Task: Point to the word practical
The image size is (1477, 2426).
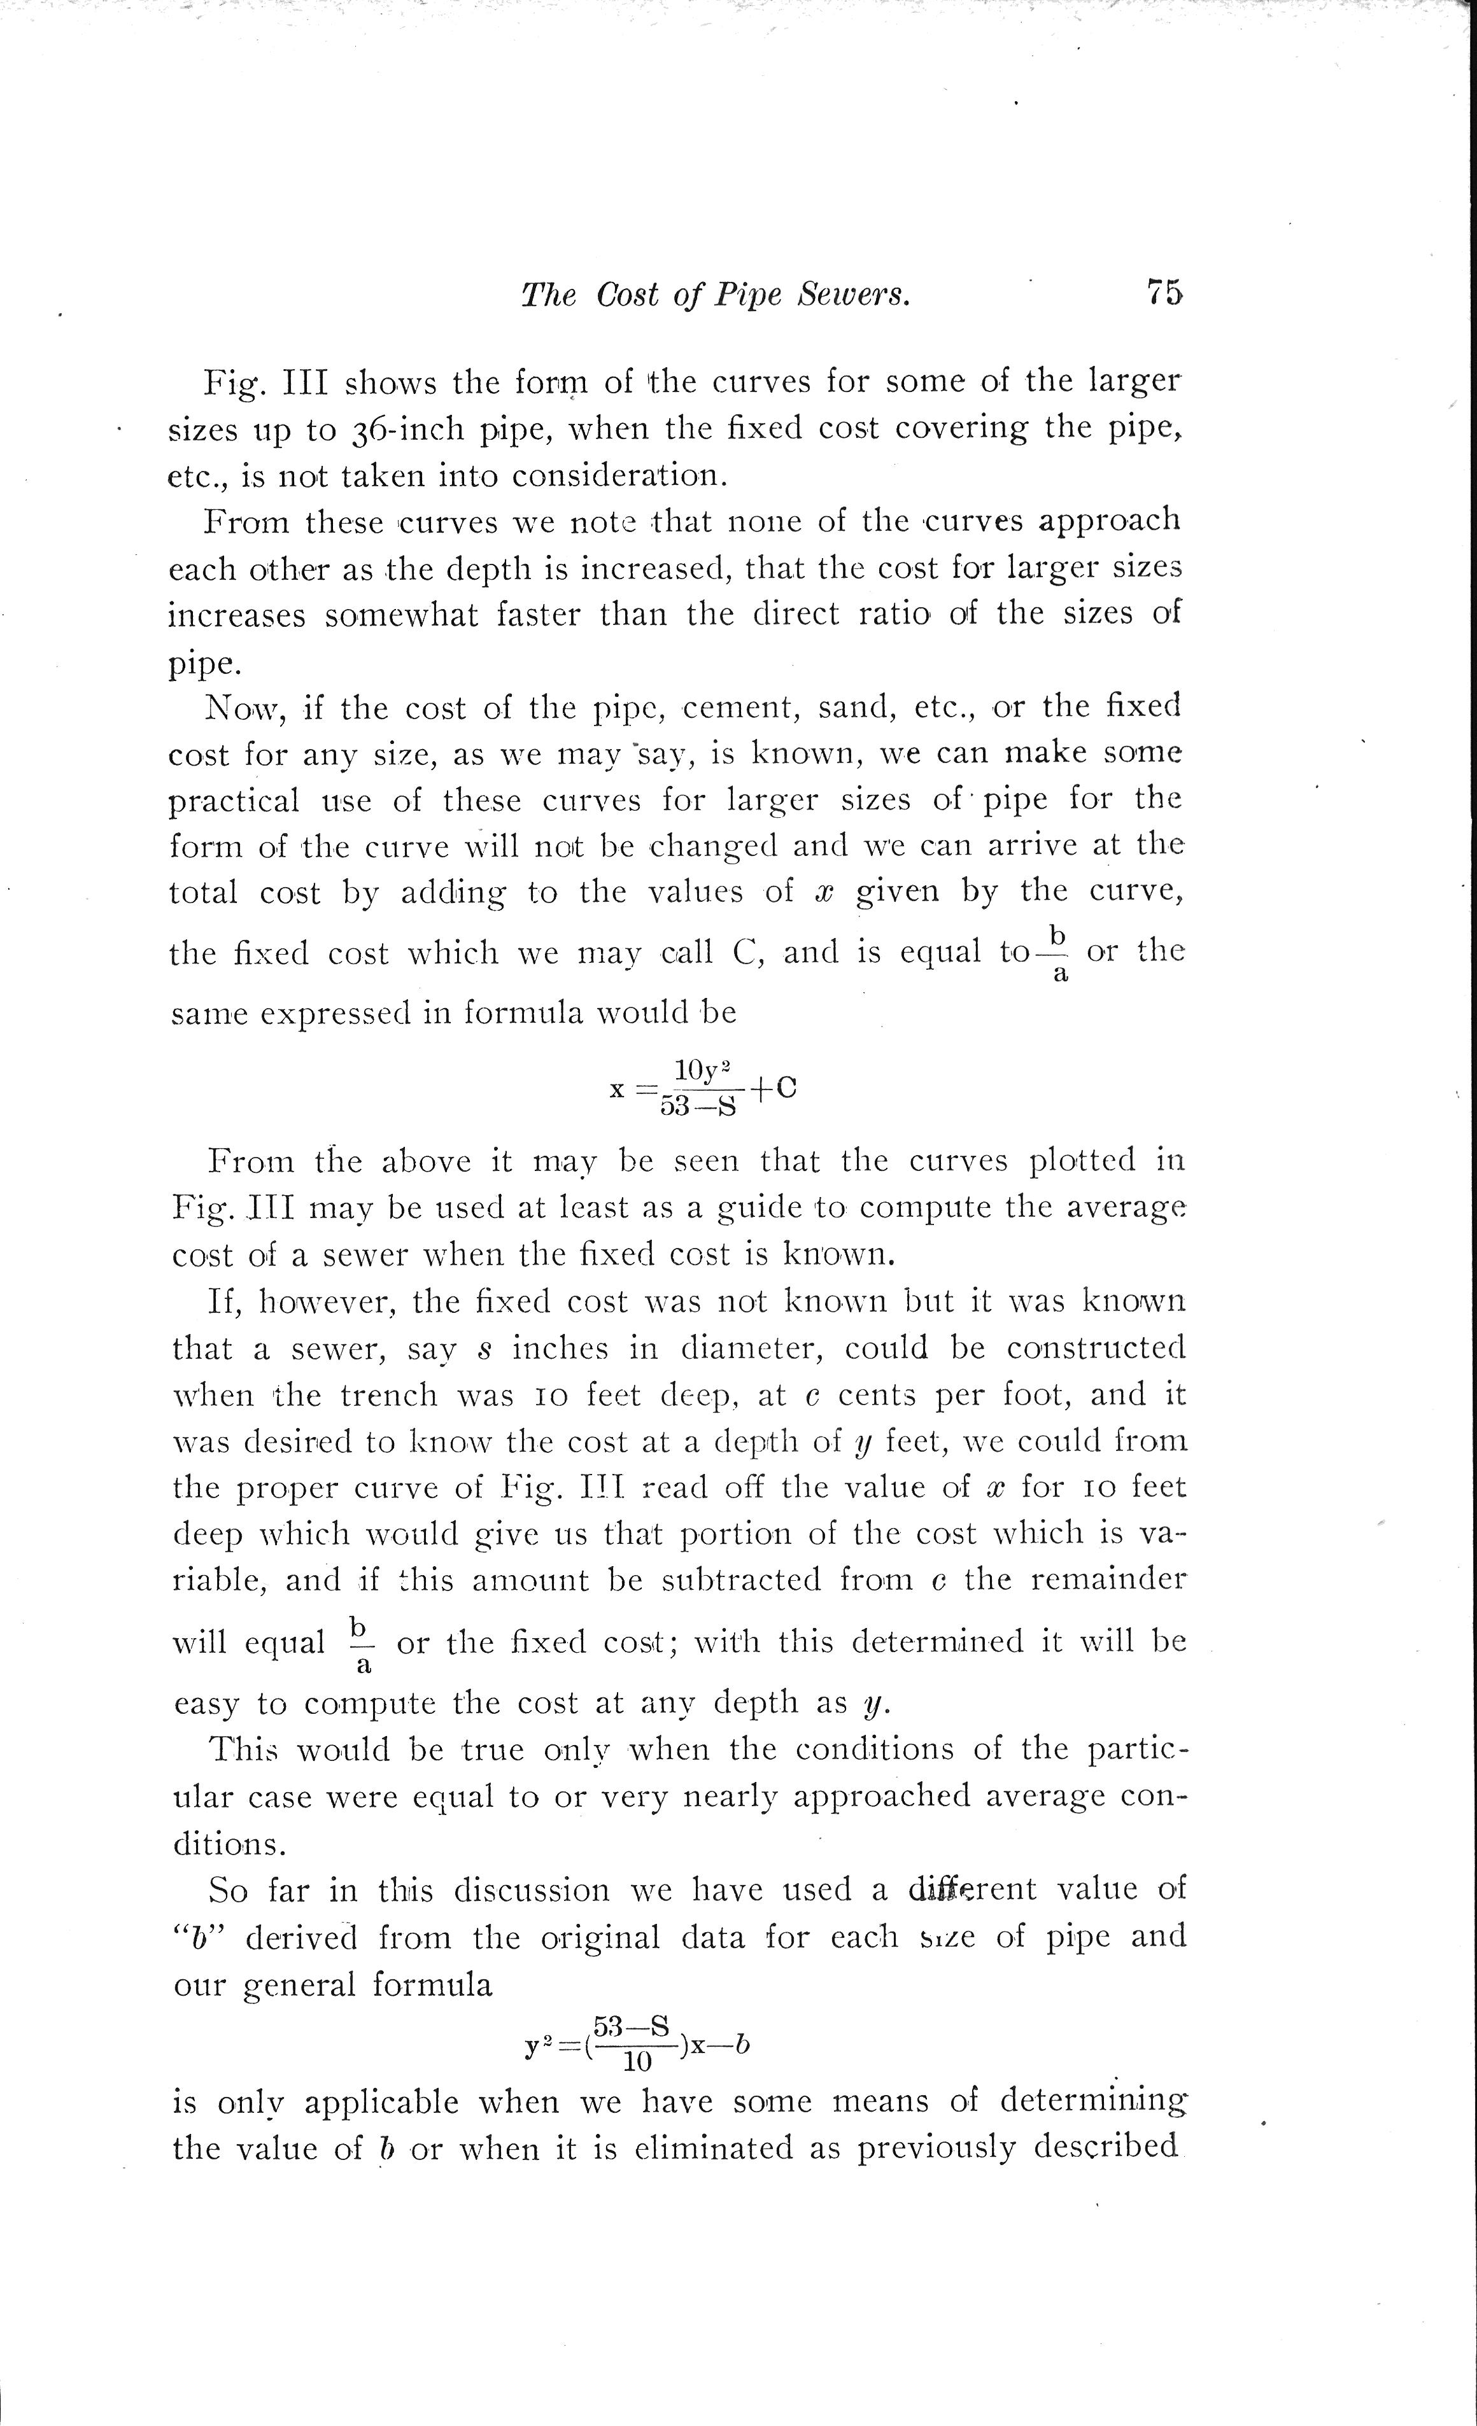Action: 234,801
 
